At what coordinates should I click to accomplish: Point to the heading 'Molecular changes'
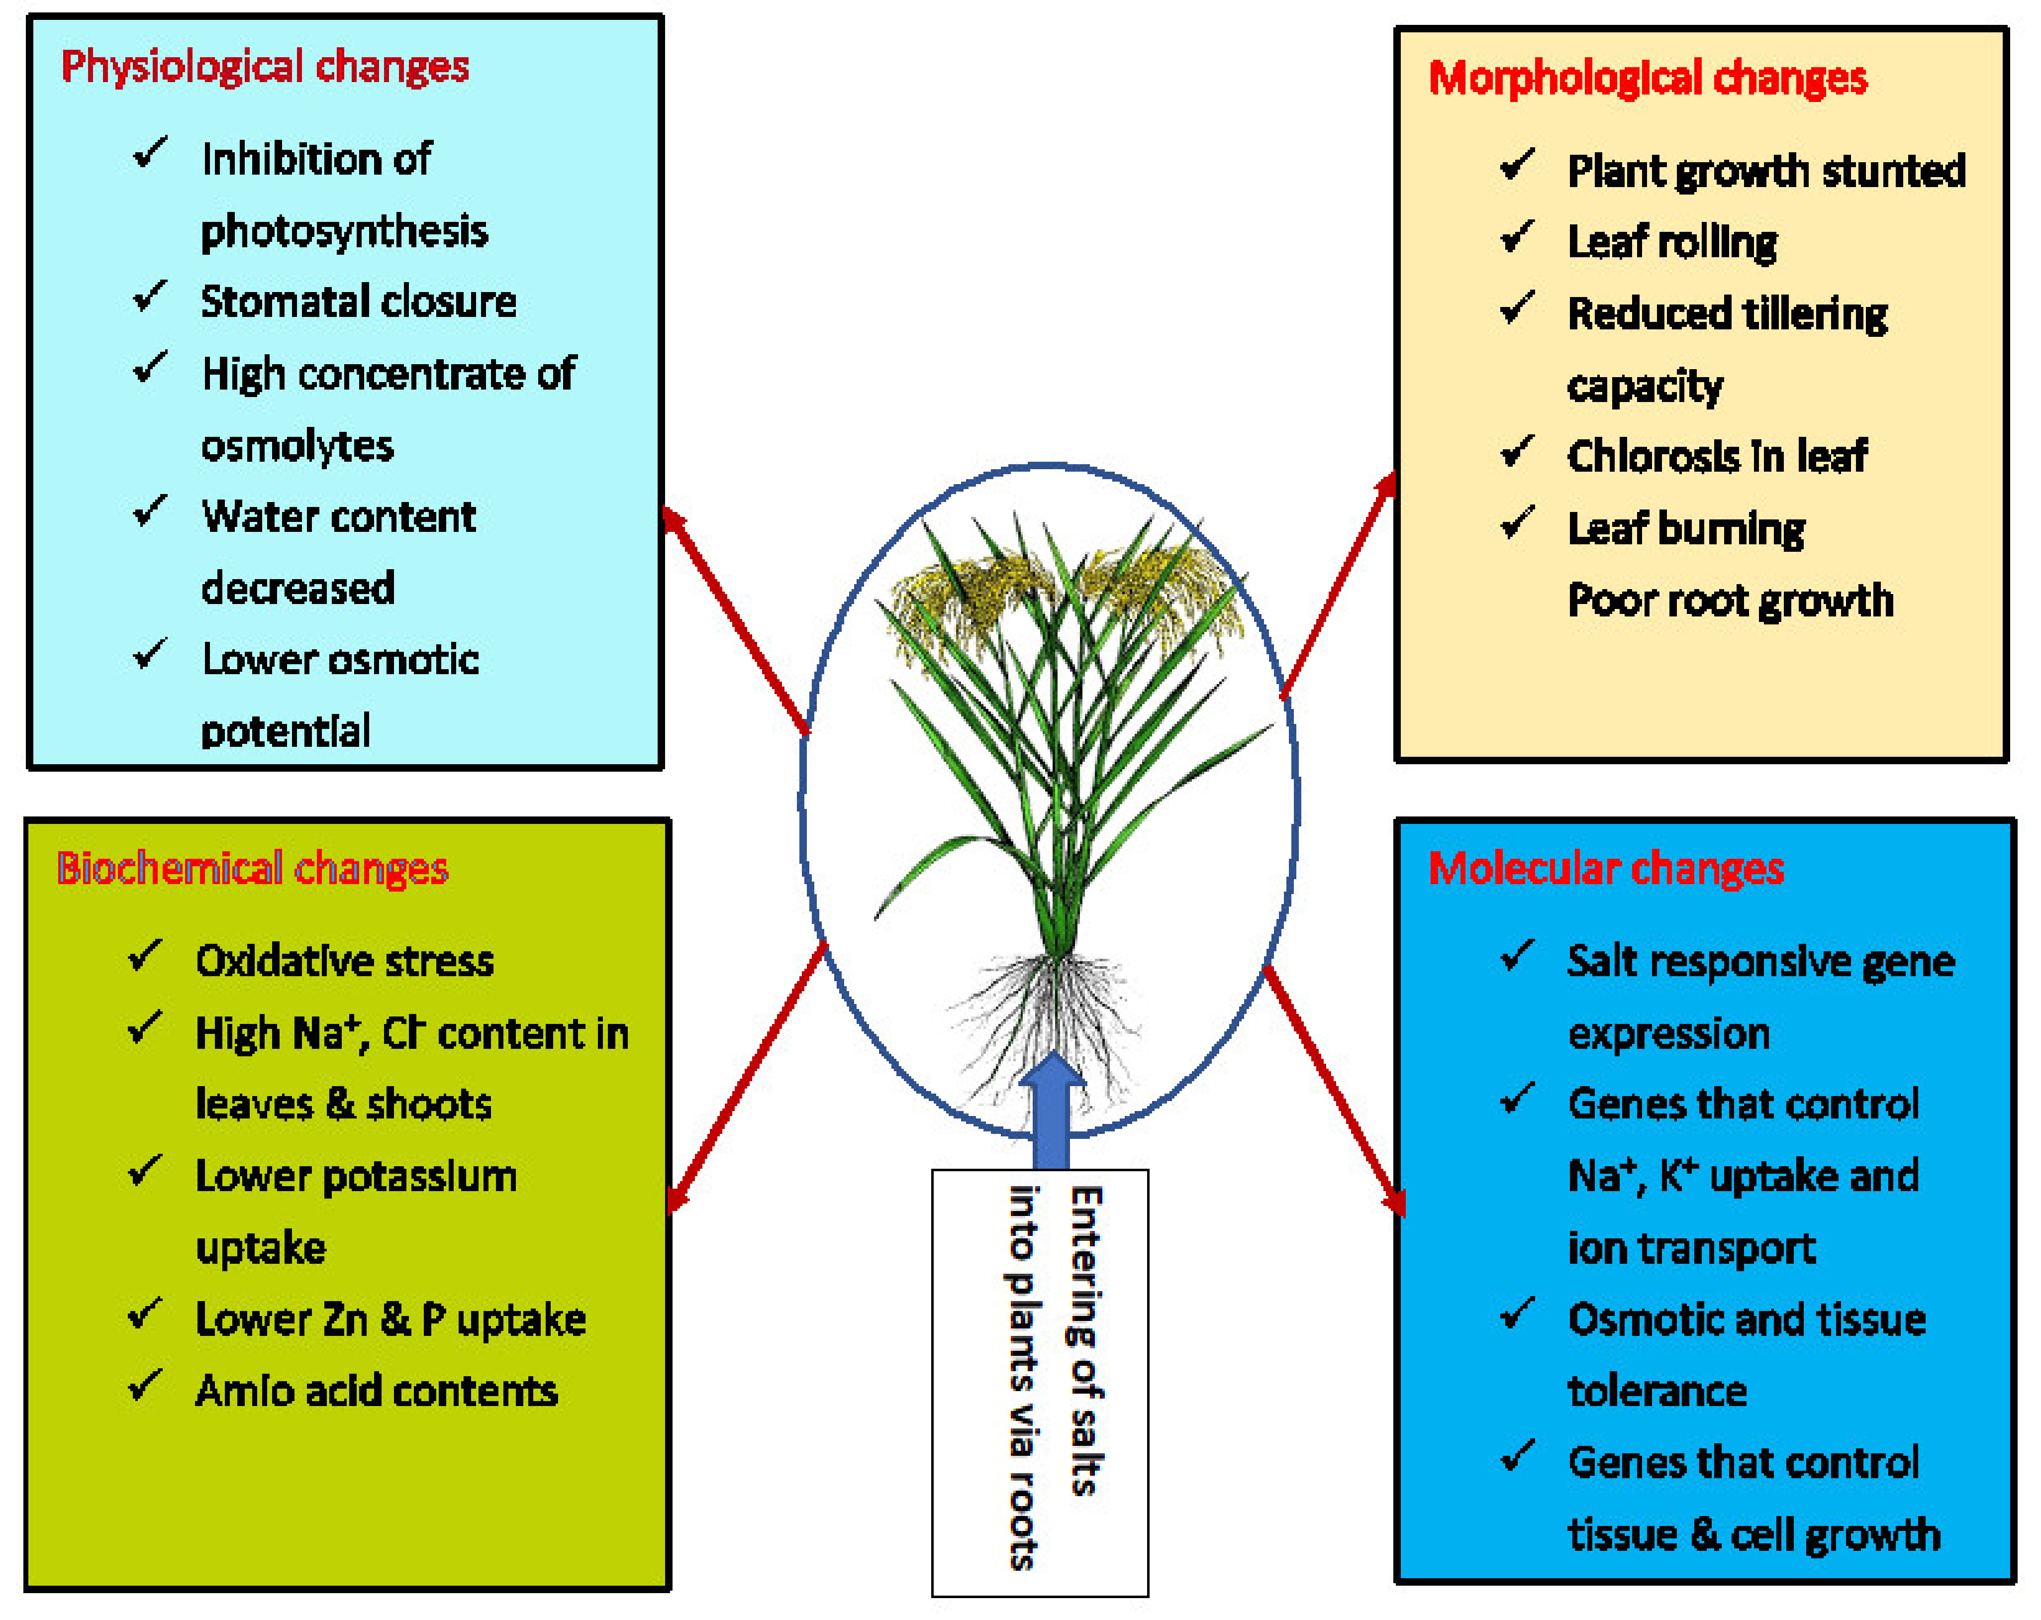coord(1606,868)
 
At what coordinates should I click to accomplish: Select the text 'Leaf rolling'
coord(1672,242)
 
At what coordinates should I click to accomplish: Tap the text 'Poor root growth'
coord(1730,600)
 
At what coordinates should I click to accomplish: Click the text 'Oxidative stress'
coord(345,961)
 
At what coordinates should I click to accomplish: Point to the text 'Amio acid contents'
coord(376,1391)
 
